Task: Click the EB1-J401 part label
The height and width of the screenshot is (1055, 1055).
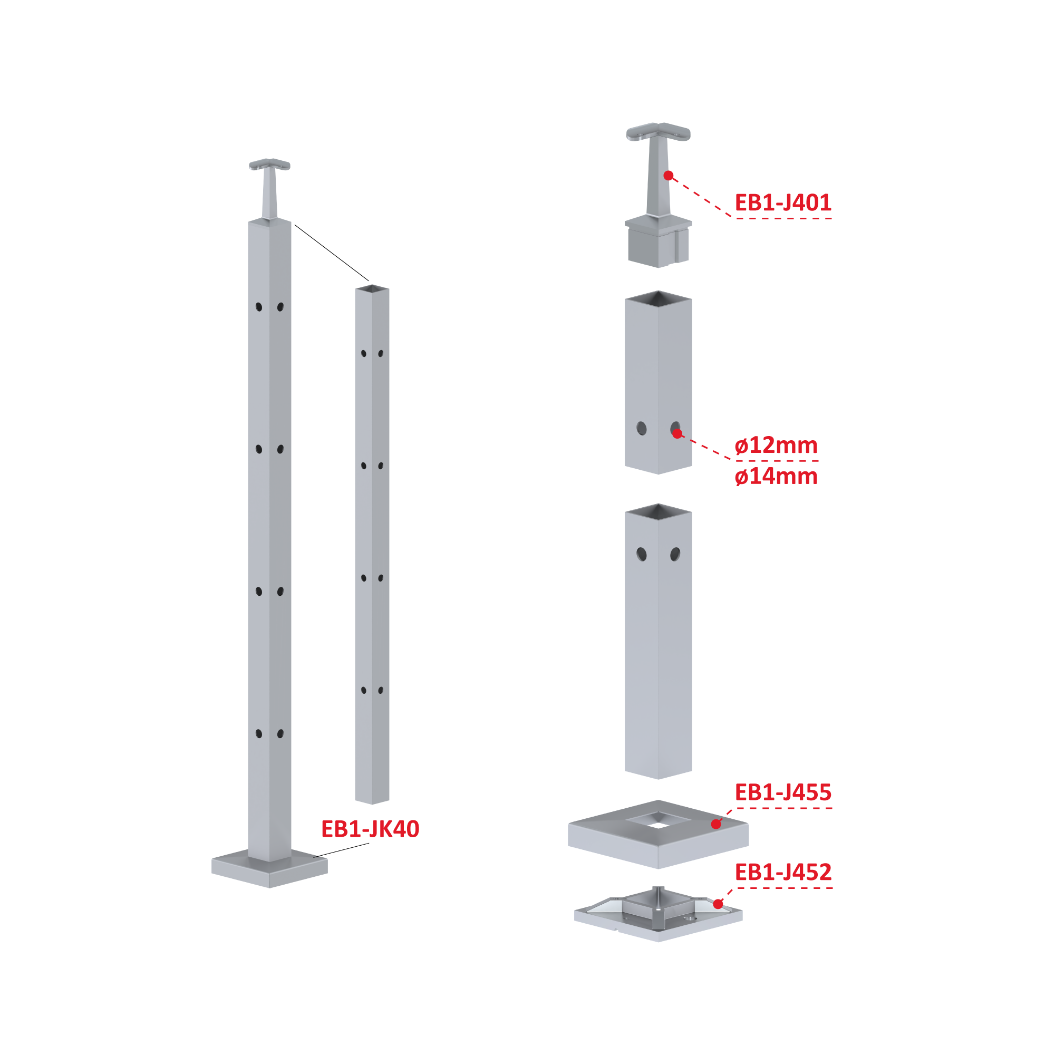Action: pyautogui.click(x=782, y=202)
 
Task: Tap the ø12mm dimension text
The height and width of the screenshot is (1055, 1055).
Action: pyautogui.click(x=776, y=446)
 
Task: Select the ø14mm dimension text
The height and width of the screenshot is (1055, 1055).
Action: pyautogui.click(x=776, y=477)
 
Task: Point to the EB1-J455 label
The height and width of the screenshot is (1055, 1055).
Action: pyautogui.click(x=782, y=792)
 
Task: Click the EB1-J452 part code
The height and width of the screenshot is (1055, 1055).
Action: pyautogui.click(x=782, y=872)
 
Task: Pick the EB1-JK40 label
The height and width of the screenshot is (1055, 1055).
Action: pyautogui.click(x=370, y=829)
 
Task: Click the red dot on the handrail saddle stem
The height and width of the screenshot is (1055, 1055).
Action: pyautogui.click(x=669, y=175)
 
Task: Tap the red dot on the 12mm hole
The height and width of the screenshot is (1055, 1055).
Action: pyautogui.click(x=677, y=433)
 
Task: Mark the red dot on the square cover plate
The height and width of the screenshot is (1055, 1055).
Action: pyautogui.click(x=717, y=824)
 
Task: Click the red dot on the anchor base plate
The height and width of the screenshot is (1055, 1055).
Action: pyautogui.click(x=718, y=904)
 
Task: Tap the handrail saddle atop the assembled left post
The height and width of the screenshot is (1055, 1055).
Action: pyautogui.click(x=270, y=188)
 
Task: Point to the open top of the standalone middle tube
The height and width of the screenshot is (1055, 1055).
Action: pyautogui.click(x=372, y=288)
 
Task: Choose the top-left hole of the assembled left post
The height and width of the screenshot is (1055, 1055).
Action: pyautogui.click(x=259, y=307)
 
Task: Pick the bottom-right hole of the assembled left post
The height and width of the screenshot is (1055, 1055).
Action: pyautogui.click(x=280, y=734)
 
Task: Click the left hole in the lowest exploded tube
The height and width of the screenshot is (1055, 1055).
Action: pyautogui.click(x=642, y=555)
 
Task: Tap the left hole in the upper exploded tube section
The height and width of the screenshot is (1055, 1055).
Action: pyautogui.click(x=642, y=429)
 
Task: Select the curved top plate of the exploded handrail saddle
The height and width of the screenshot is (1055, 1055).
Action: pyautogui.click(x=659, y=132)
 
